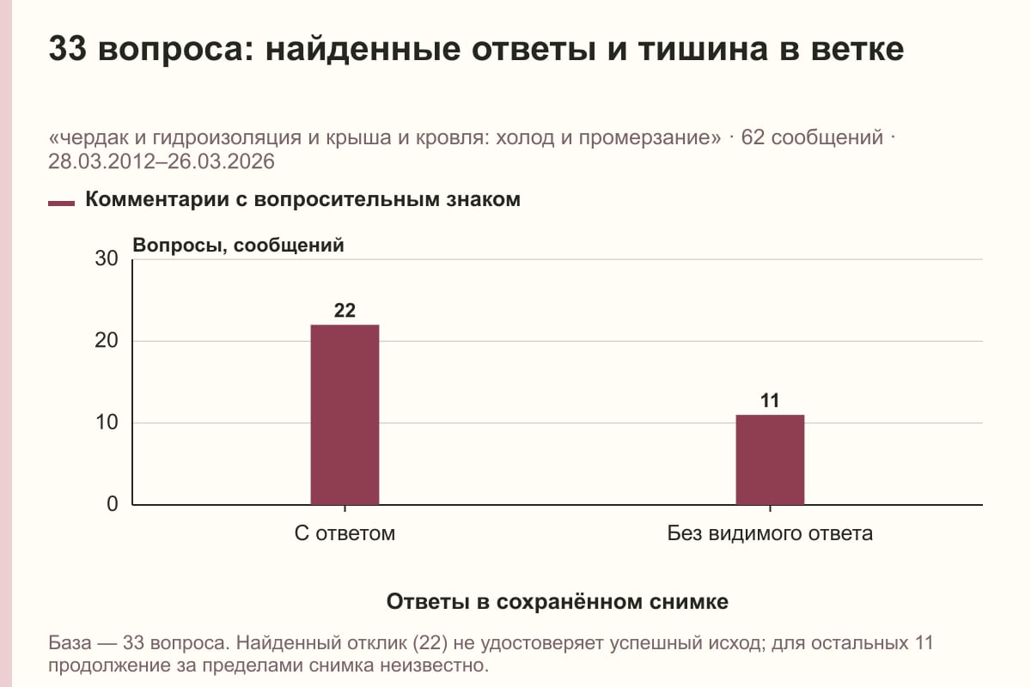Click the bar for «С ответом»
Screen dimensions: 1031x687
(x=345, y=415)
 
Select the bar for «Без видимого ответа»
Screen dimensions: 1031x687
(x=770, y=459)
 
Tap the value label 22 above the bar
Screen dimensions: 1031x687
(x=345, y=311)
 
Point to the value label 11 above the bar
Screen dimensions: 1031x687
(x=770, y=400)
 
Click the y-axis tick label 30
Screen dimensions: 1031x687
(x=107, y=258)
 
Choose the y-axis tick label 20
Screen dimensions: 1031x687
(x=107, y=341)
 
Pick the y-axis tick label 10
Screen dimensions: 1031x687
(x=107, y=423)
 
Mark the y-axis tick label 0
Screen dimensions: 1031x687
(x=113, y=504)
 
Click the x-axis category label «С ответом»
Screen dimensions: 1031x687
(x=345, y=533)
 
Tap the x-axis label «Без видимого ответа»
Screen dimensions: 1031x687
(x=770, y=533)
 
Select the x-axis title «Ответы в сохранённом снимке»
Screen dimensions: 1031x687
(x=558, y=601)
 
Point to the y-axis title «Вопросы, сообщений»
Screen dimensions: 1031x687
(x=239, y=246)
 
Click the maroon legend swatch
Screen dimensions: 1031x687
(x=61, y=204)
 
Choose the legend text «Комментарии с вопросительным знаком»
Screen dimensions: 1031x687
(x=302, y=199)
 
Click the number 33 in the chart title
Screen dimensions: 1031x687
(x=67, y=48)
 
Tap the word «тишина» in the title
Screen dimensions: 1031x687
(x=704, y=49)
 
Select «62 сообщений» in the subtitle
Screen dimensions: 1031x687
(x=813, y=137)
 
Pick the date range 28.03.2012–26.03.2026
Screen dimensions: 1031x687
(x=162, y=161)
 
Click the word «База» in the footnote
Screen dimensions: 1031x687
(x=70, y=643)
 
